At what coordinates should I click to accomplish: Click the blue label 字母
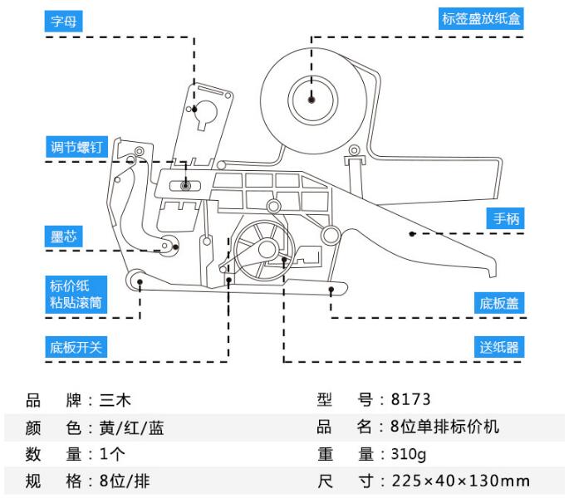(x=64, y=21)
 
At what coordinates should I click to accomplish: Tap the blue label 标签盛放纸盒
(x=481, y=18)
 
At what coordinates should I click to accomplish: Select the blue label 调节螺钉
(x=75, y=148)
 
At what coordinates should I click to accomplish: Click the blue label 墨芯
(x=64, y=237)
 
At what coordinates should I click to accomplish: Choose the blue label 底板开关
(x=75, y=347)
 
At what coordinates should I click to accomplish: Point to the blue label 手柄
(x=506, y=219)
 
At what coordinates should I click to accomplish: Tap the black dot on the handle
(x=410, y=234)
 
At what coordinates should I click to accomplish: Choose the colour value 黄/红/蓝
(x=132, y=427)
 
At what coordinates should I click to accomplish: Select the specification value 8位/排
(x=125, y=481)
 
